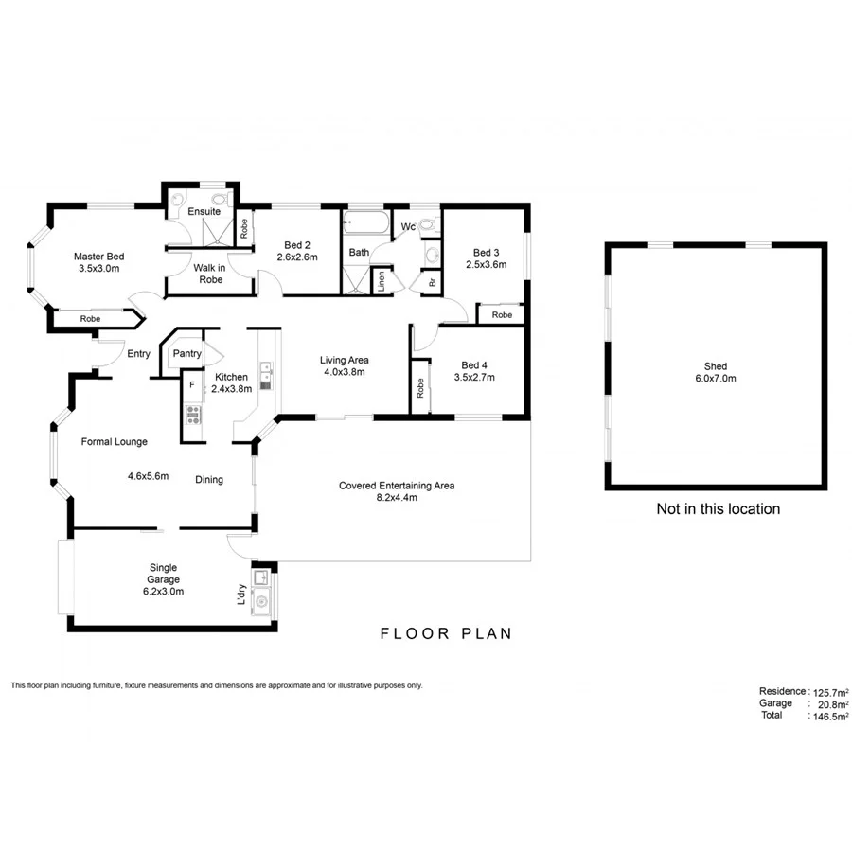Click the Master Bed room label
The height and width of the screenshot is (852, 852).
coord(99,256)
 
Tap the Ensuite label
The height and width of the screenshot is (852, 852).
coord(204,211)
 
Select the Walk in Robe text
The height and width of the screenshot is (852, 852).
coord(208,274)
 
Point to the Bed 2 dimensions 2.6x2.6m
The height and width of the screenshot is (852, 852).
coord(297,257)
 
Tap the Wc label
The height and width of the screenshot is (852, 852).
coord(408,226)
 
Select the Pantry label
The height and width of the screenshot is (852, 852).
coord(186,354)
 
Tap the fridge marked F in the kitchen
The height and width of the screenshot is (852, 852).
coord(192,385)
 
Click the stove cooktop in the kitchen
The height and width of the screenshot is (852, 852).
coord(192,413)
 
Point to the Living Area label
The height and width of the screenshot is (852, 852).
coord(344,360)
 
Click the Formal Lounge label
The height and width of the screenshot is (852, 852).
coord(114,441)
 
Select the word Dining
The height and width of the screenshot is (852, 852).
coord(209,479)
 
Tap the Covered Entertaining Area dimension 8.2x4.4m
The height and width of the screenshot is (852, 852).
coord(397,497)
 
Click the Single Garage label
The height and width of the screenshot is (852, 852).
coord(163,574)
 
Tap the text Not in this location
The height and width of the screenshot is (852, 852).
coord(718,509)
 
